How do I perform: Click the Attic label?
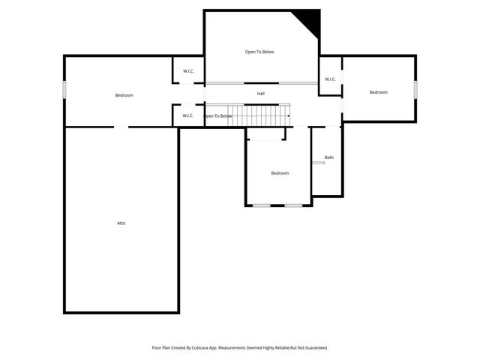tap(121, 223)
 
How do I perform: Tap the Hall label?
tap(261, 94)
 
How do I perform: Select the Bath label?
tap(329, 157)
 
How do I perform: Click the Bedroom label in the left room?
tap(124, 95)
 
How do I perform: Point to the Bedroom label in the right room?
tap(379, 92)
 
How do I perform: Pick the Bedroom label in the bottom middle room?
tap(280, 173)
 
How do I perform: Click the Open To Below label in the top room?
tap(259, 52)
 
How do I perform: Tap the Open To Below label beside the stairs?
tap(218, 116)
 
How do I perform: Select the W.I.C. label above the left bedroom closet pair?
tap(188, 72)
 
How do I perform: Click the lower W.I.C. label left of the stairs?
tap(188, 115)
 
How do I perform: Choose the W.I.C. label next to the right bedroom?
tap(330, 79)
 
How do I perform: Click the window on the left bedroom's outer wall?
tap(64, 89)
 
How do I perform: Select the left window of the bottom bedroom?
tap(262, 205)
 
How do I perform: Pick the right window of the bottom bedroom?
tap(293, 205)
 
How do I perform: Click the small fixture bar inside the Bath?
tap(319, 163)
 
